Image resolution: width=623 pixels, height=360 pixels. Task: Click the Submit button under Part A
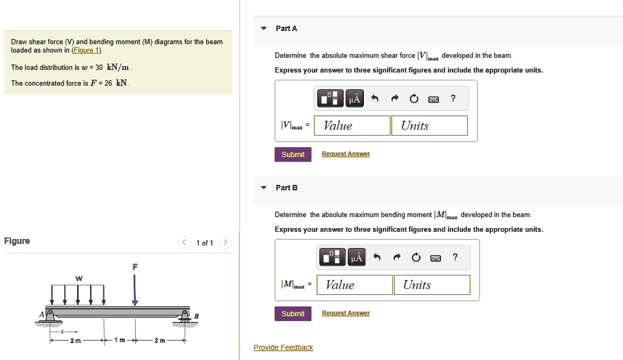293,154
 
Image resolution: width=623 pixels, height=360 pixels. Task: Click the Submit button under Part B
293,314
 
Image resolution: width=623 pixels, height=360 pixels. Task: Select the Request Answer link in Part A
346,154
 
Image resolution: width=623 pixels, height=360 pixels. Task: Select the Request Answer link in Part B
346,314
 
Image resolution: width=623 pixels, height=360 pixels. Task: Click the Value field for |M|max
358,285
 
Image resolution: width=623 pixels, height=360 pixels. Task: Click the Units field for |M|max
432,285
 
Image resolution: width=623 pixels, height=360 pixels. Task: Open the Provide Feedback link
283,348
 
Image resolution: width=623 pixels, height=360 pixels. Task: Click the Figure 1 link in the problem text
86,51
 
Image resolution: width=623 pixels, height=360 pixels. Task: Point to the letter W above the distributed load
78,279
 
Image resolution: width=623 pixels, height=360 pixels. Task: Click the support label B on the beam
197,316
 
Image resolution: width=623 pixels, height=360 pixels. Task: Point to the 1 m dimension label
120,341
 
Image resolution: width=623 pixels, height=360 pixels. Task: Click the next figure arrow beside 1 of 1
224,243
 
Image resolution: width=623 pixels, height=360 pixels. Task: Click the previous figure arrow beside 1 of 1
184,243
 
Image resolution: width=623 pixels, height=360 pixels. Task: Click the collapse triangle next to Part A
263,29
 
